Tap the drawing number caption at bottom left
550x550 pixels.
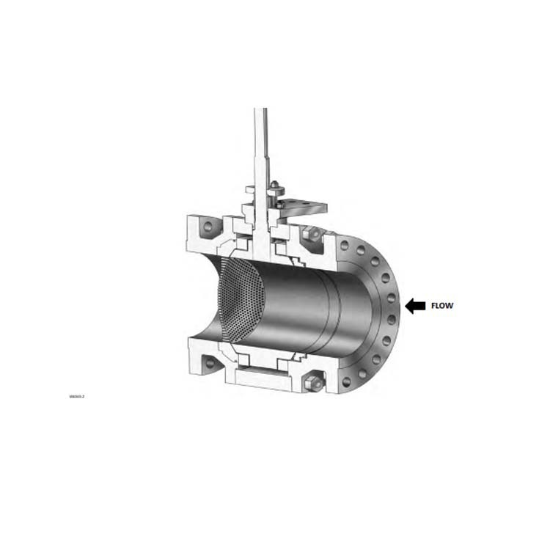(77, 397)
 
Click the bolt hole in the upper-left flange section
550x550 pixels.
(207, 227)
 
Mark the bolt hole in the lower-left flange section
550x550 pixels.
(210, 362)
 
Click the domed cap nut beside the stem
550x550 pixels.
(274, 185)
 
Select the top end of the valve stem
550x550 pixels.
(260, 110)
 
